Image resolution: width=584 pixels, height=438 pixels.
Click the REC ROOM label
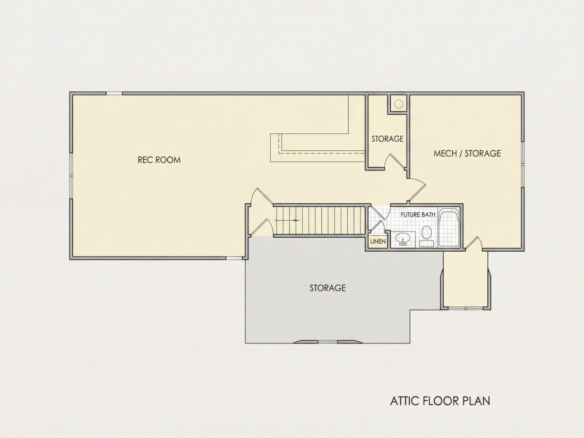coord(159,160)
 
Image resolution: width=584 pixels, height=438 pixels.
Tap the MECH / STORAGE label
coord(467,153)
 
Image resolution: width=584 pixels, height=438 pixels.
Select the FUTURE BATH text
coord(418,215)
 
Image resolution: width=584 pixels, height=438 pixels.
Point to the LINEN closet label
coord(377,242)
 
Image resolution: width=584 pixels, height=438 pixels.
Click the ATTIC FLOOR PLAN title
coord(440,401)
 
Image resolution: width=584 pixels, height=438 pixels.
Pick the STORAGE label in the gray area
coord(328,288)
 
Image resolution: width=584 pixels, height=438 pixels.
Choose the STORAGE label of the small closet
coord(388,139)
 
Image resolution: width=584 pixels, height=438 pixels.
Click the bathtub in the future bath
coord(449,228)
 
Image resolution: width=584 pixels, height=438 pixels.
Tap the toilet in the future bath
coord(426,236)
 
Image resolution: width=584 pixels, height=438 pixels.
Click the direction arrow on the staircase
coord(287,220)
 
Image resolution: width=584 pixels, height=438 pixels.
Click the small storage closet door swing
coord(395,162)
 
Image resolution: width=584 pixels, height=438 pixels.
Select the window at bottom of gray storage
coord(328,341)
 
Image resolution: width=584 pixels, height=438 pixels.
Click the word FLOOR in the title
coord(440,401)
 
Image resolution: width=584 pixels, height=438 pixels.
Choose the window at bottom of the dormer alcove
coord(466,308)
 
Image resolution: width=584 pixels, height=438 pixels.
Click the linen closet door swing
coord(379,228)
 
